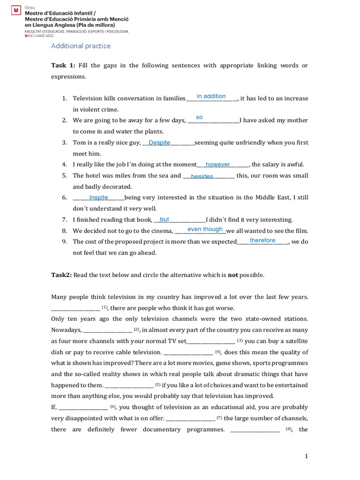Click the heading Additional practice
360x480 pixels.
81,46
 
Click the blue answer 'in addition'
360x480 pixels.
211,96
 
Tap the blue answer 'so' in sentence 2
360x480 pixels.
199,117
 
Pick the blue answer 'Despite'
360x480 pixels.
159,142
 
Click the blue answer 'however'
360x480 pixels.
218,165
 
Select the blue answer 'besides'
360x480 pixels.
202,176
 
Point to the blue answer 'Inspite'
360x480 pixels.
98,197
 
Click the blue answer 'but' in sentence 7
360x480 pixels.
165,219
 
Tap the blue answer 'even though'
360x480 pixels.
205,229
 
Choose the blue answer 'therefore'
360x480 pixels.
262,240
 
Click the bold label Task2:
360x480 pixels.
61,275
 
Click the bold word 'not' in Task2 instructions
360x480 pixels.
233,275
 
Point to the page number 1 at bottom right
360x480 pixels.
307,457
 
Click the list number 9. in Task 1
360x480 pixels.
65,242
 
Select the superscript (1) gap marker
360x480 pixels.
105,307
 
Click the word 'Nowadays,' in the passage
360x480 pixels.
66,330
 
